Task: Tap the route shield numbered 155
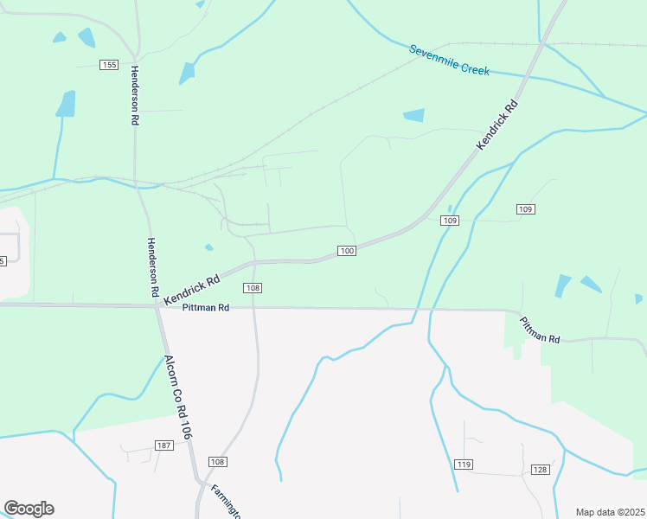[108, 65]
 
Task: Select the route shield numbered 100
[346, 251]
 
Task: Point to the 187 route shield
[164, 445]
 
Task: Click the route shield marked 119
[464, 465]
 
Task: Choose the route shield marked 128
[541, 470]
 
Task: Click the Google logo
[29, 509]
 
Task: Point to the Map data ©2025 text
[610, 512]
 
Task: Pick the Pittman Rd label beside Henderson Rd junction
[205, 307]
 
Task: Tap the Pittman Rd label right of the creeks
[540, 330]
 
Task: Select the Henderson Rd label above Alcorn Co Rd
[154, 268]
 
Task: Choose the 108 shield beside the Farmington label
[217, 462]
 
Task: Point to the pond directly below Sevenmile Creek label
[414, 115]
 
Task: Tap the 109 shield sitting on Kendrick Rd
[449, 221]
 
